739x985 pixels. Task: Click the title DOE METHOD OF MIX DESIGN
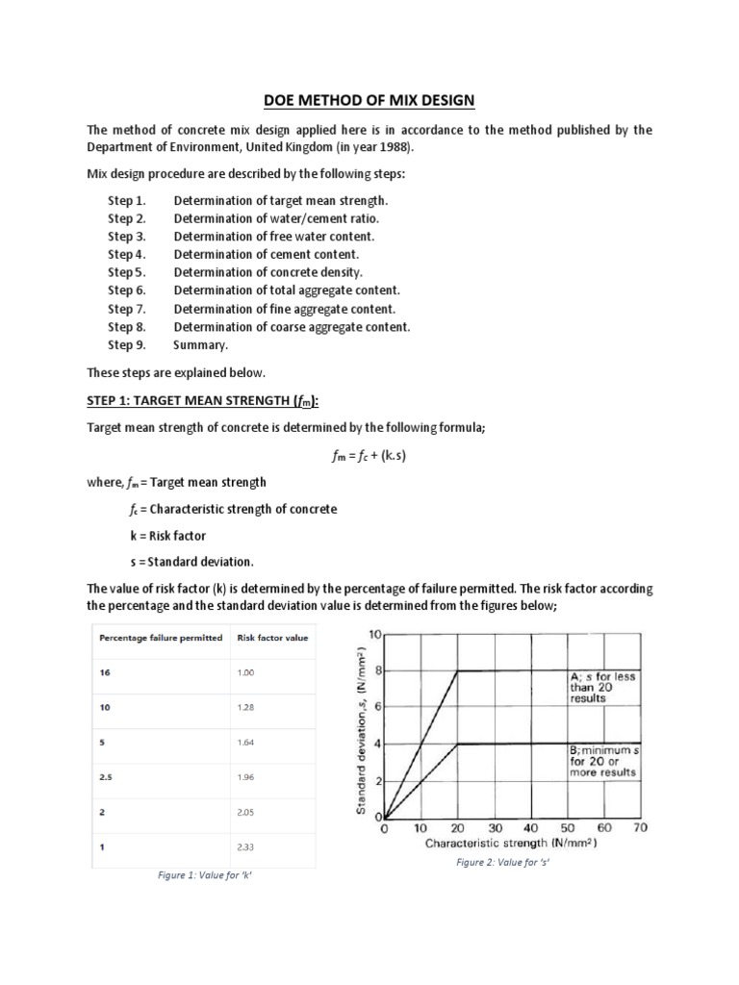369,100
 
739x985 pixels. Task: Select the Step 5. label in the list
126,272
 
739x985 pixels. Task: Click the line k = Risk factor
161,535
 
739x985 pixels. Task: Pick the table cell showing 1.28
245,707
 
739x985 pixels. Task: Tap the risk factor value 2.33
246,846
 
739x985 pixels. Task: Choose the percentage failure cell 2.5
105,776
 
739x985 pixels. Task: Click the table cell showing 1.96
245,776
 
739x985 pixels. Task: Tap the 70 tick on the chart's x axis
641,827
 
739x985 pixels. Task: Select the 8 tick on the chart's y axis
378,670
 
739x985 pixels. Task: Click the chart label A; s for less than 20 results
602,687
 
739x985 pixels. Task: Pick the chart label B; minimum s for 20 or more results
603,760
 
